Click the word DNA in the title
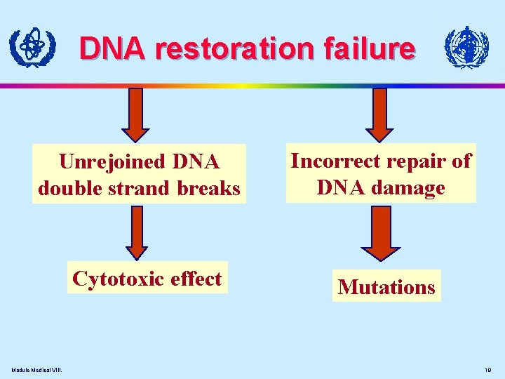(114, 48)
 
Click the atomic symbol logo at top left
(31, 48)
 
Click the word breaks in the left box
(210, 188)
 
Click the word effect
(196, 279)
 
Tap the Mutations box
(386, 287)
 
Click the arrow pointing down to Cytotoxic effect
(137, 232)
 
